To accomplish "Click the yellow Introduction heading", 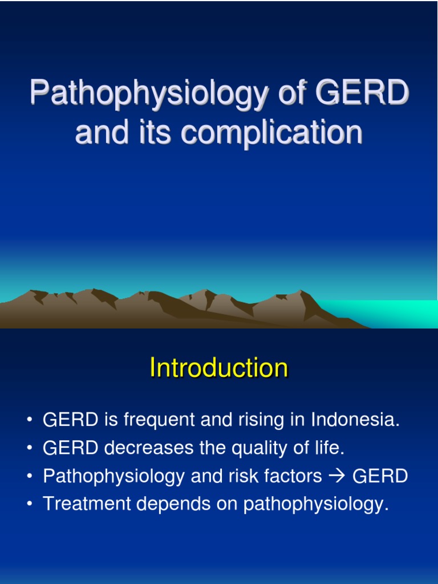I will (219, 368).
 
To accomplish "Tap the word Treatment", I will (80, 504).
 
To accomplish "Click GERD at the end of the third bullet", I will (380, 477).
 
